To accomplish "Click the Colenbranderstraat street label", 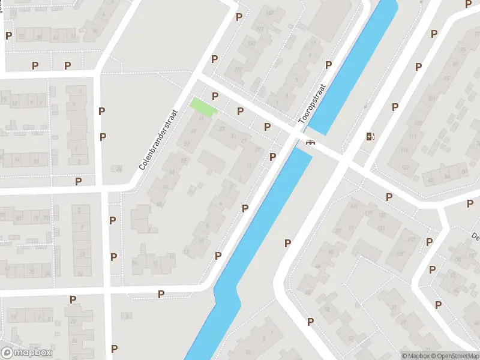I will click(159, 139).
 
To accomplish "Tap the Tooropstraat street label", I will click(312, 104).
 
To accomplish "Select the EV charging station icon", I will click(370, 137).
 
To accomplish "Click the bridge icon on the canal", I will click(310, 142).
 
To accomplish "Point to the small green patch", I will click(203, 107).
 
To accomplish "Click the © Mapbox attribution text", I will click(416, 356).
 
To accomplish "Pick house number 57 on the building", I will click(187, 144).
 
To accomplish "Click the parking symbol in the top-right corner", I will click(469, 4).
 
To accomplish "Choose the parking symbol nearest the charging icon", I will click(395, 107).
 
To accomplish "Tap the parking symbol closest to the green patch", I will click(215, 96).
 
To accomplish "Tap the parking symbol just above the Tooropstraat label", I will click(329, 65).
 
